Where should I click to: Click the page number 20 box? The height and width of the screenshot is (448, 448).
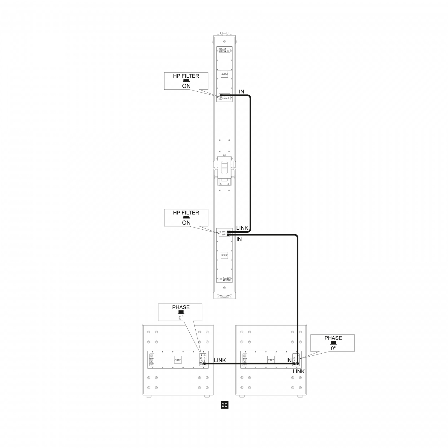[225, 405]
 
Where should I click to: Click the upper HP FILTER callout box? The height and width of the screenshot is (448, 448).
[186, 81]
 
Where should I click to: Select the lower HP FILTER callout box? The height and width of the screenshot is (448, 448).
[186, 218]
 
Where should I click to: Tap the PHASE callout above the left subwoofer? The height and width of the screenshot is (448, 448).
[180, 312]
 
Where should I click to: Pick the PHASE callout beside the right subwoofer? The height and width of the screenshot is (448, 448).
[332, 343]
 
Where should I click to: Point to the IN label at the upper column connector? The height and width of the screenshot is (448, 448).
[241, 92]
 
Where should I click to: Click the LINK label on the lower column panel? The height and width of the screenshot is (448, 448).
[242, 228]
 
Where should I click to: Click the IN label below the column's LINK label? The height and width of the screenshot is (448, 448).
[239, 239]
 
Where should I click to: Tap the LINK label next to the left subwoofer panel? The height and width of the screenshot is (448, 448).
[220, 360]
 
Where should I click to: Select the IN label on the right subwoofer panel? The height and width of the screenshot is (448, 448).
[289, 360]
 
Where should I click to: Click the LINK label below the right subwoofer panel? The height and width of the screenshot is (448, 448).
[299, 372]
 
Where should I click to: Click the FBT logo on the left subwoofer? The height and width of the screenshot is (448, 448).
[177, 360]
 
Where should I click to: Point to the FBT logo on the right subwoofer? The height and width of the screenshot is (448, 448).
[271, 360]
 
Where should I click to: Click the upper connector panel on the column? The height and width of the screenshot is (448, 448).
[224, 98]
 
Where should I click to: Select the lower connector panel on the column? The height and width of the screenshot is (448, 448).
[224, 232]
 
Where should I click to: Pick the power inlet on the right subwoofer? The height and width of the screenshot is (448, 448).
[244, 360]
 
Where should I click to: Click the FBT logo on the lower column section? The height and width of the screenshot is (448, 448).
[224, 256]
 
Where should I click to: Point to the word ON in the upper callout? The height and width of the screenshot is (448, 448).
[186, 86]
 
